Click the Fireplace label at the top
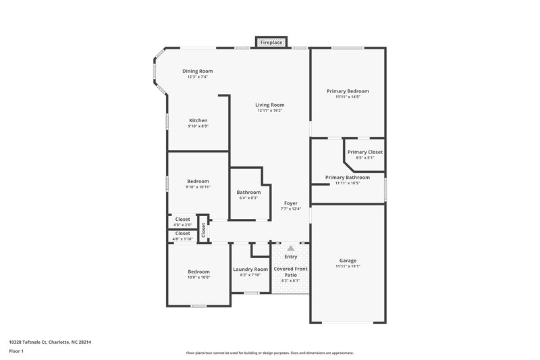pyautogui.click(x=271, y=43)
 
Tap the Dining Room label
pyautogui.click(x=198, y=71)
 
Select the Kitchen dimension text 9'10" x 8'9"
pyautogui.click(x=198, y=126)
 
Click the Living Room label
pyautogui.click(x=269, y=105)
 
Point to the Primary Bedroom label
pyautogui.click(x=348, y=91)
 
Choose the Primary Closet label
pyautogui.click(x=365, y=152)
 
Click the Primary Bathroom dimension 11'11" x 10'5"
pyautogui.click(x=348, y=183)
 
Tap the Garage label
pyautogui.click(x=348, y=260)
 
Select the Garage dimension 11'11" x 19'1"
pyautogui.click(x=348, y=266)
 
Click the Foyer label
pyautogui.click(x=290, y=203)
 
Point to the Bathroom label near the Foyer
pyautogui.click(x=248, y=192)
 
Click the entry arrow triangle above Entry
pyautogui.click(x=291, y=249)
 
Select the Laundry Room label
pyautogui.click(x=250, y=269)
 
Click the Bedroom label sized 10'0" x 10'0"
pyautogui.click(x=198, y=272)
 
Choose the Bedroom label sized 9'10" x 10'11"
pyautogui.click(x=198, y=181)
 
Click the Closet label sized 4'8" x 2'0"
pyautogui.click(x=182, y=219)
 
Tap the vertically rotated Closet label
pyautogui.click(x=202, y=229)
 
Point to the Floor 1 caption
pyautogui.click(x=17, y=351)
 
